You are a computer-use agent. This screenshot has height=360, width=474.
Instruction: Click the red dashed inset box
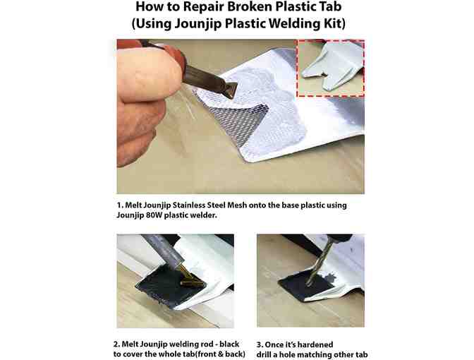tap(330, 68)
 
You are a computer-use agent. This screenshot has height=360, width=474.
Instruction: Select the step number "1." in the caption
tap(121, 205)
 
